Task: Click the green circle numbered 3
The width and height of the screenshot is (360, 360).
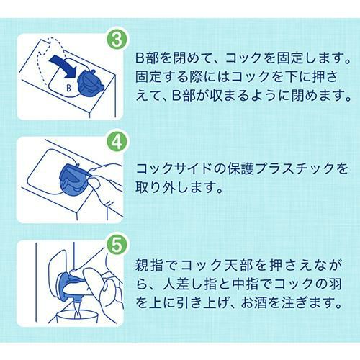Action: click(117, 40)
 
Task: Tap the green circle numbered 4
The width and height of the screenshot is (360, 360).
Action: click(117, 143)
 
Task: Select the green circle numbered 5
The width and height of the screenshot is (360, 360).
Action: click(117, 245)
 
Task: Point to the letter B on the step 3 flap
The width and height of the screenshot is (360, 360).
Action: click(68, 88)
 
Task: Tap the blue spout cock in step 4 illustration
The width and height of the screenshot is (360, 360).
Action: click(74, 179)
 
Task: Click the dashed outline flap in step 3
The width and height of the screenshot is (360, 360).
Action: click(49, 60)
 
